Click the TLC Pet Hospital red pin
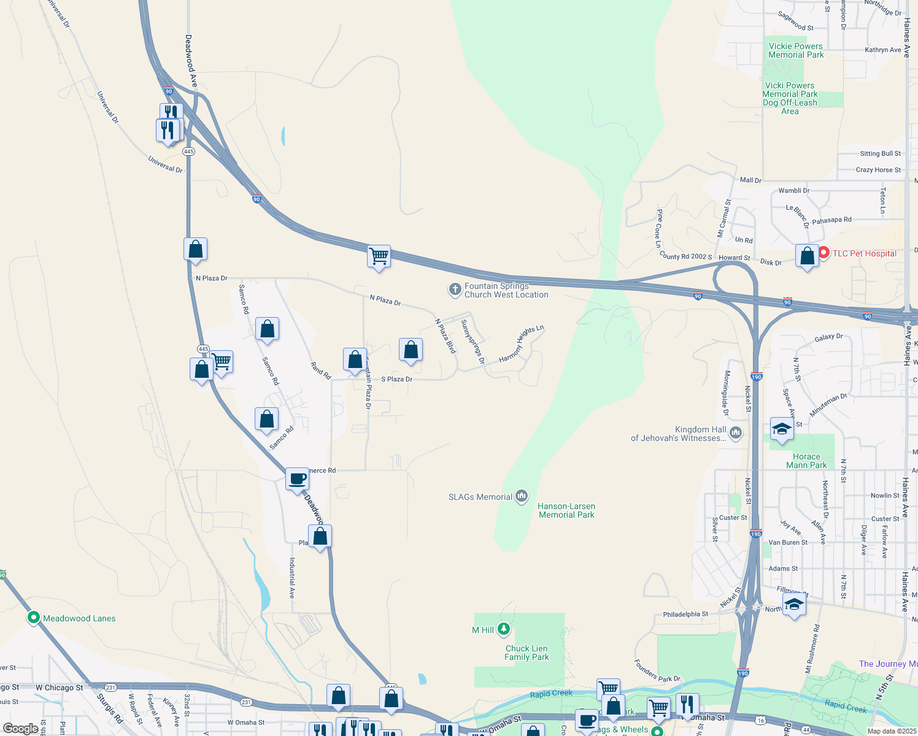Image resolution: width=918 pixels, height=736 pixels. pyautogui.click(x=824, y=253)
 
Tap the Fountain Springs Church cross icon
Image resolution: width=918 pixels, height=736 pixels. pyautogui.click(x=455, y=289)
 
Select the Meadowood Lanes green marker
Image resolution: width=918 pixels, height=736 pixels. pyautogui.click(x=34, y=618)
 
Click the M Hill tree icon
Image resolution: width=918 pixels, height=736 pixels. pyautogui.click(x=504, y=629)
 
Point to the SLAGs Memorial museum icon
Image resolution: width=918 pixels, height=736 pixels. pyautogui.click(x=522, y=496)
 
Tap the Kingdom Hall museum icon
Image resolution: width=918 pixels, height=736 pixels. pyautogui.click(x=736, y=434)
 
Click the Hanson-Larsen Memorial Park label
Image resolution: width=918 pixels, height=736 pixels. pyautogui.click(x=566, y=510)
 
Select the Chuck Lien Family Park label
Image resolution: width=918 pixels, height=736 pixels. pyautogui.click(x=526, y=653)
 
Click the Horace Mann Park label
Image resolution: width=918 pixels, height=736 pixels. pyautogui.click(x=806, y=461)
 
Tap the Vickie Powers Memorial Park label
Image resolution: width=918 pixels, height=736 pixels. pyautogui.click(x=796, y=50)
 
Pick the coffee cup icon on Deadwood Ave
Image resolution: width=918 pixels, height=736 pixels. pyautogui.click(x=297, y=479)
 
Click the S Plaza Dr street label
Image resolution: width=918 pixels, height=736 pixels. pyautogui.click(x=397, y=379)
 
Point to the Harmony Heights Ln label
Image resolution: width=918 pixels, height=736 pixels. pyautogui.click(x=522, y=344)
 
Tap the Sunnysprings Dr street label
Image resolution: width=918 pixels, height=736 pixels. pyautogui.click(x=472, y=342)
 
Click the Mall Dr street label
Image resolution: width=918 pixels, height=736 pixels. pyautogui.click(x=750, y=180)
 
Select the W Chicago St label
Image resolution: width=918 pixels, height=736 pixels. pyautogui.click(x=60, y=688)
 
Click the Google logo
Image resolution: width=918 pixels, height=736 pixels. pyautogui.click(x=21, y=729)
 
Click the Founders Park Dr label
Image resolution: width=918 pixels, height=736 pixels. pyautogui.click(x=657, y=672)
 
